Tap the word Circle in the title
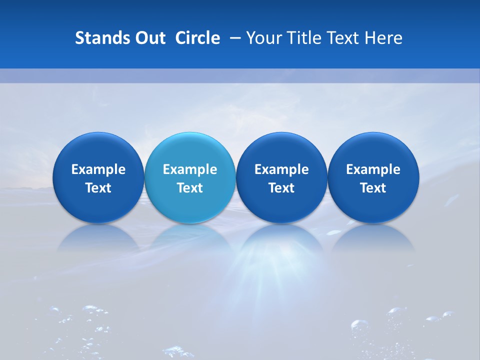197,38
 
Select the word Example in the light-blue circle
190,169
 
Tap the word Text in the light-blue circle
190,188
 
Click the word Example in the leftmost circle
98,169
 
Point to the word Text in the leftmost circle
98,188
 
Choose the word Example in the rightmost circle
373,169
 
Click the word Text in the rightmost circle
373,188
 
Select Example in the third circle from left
281,169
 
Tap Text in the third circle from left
281,188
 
